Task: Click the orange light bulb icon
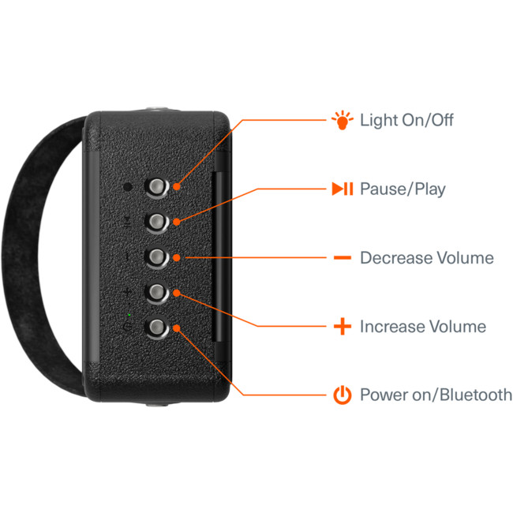click(343, 120)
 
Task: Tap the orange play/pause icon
click(343, 189)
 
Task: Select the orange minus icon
click(343, 258)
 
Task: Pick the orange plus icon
click(343, 326)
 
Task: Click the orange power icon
click(343, 395)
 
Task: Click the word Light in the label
click(379, 120)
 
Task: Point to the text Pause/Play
click(403, 189)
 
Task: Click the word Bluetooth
click(476, 395)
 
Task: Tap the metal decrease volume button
click(157, 257)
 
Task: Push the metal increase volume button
click(157, 292)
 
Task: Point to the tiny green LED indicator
click(129, 315)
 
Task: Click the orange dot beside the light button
click(177, 186)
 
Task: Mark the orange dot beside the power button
click(177, 328)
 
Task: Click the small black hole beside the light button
click(128, 187)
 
